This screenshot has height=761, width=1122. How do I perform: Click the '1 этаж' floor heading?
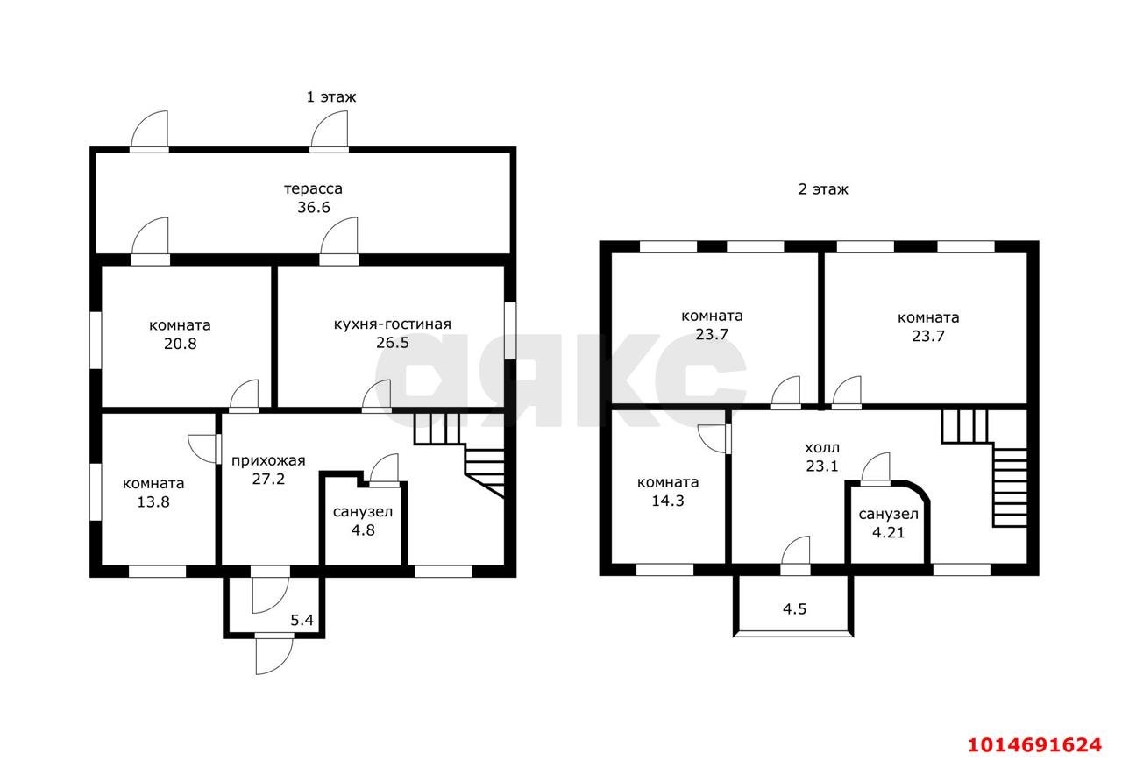click(331, 96)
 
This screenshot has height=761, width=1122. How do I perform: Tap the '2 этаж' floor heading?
click(823, 189)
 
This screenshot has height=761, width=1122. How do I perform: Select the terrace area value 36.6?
click(314, 207)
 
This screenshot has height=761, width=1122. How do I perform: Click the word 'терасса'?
click(313, 188)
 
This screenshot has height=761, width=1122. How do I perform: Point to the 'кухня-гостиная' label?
click(393, 324)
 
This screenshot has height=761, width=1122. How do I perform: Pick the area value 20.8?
click(181, 344)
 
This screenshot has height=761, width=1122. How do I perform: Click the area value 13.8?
click(153, 501)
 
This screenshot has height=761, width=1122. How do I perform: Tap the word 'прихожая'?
click(268, 460)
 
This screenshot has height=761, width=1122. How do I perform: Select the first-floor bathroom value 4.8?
click(363, 530)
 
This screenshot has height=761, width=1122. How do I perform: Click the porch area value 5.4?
click(302, 620)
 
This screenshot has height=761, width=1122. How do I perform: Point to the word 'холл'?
click(822, 447)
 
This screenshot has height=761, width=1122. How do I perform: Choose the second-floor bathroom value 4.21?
click(889, 532)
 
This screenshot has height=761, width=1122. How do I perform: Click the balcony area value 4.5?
click(795, 608)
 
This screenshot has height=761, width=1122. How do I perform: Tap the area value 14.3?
click(668, 501)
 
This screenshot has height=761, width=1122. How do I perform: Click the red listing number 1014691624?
click(1035, 745)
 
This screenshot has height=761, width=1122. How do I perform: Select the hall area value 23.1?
click(822, 466)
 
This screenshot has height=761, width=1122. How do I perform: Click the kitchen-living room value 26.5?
click(393, 343)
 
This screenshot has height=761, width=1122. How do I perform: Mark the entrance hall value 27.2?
click(268, 479)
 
